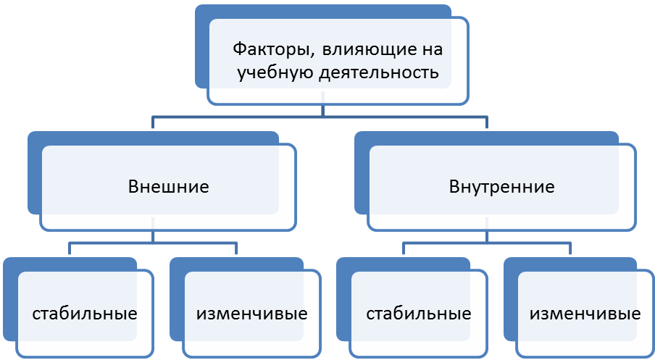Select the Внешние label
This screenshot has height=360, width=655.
tap(168, 187)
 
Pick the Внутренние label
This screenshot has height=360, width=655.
tap(501, 187)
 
